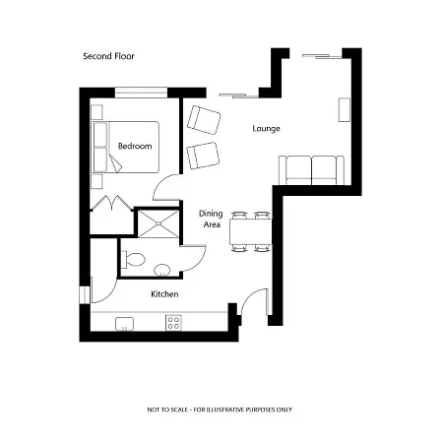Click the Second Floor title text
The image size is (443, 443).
point(108,56)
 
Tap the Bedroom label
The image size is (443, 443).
point(135,146)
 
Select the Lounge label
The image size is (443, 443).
point(266,129)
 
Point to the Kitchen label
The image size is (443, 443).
point(164,294)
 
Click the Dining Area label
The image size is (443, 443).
point(211,219)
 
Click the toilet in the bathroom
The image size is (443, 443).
point(133,259)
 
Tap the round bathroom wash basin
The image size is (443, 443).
point(162,271)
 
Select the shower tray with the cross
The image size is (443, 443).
point(158,224)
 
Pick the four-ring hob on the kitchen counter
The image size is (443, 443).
point(173,322)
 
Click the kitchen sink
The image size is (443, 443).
point(124,324)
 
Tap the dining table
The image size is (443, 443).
point(251,231)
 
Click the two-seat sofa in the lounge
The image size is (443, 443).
point(311,170)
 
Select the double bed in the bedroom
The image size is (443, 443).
point(125,147)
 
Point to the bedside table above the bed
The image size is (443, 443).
point(96,112)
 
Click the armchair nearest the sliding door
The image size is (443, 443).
point(204,120)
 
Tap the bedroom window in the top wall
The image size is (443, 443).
point(141,93)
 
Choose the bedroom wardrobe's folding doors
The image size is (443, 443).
point(112,203)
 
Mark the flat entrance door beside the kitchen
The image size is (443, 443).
point(255,302)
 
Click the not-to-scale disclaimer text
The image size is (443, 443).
point(220,410)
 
